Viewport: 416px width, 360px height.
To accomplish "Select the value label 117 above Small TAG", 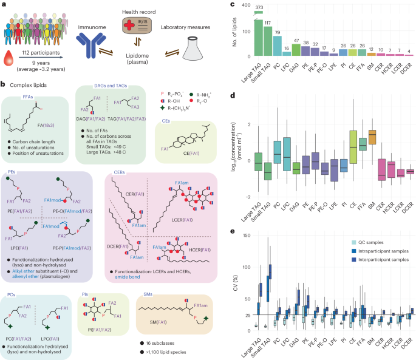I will coord(265,24).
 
